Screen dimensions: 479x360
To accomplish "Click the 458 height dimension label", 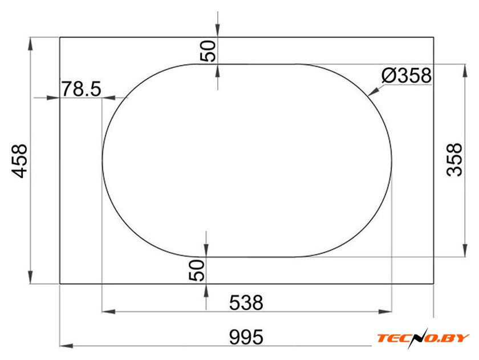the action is [19, 161].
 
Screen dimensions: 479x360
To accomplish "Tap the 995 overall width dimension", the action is [246, 337].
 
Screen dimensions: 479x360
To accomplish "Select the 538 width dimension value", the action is [246, 302].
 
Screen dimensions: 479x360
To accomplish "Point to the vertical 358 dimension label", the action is [454, 160].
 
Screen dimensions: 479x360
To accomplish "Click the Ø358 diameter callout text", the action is [406, 75].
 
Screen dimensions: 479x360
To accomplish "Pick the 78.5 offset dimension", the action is [81, 89].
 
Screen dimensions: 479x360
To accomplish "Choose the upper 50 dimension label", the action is [208, 51].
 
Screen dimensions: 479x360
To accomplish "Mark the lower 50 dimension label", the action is [196, 270].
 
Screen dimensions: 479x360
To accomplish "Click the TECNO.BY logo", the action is [423, 338].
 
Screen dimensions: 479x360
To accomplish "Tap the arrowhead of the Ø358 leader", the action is [374, 91].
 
